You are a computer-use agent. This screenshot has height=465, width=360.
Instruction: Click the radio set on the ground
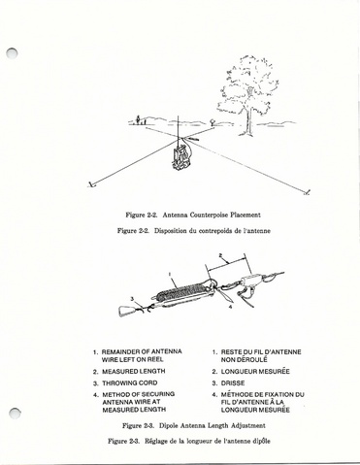pyautogui.click(x=180, y=158)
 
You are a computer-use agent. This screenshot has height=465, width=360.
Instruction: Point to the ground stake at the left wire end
pyautogui.click(x=91, y=184)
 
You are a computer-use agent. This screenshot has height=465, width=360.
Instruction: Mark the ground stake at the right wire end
pyautogui.click(x=307, y=193)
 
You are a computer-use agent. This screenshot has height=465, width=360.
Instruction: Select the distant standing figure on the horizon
pyautogui.click(x=138, y=119)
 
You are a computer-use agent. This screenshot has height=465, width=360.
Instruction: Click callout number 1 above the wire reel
pyautogui.click(x=169, y=275)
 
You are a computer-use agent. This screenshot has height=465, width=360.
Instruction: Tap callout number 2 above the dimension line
pyautogui.click(x=220, y=256)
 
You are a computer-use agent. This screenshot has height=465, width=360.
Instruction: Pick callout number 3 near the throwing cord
pyautogui.click(x=132, y=298)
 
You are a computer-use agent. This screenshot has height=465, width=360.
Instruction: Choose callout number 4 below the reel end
pyautogui.click(x=230, y=307)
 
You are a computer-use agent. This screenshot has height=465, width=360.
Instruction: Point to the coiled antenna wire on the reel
pyautogui.click(x=181, y=291)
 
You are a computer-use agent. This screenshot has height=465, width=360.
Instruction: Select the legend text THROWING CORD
pyautogui.click(x=130, y=383)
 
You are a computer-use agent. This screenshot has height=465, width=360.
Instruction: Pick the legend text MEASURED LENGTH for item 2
pyautogui.click(x=134, y=371)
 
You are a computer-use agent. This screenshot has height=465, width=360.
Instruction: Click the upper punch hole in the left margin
pyautogui.click(x=13, y=53)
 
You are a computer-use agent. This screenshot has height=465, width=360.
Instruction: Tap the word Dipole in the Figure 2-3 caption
pyautogui.click(x=169, y=425)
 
